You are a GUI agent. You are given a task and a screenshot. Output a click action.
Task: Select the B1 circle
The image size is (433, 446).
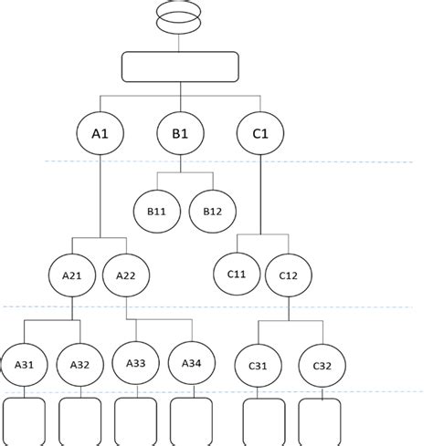pyautogui.click(x=180, y=134)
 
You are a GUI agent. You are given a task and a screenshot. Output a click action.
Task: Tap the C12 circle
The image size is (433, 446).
pyautogui.click(x=289, y=275)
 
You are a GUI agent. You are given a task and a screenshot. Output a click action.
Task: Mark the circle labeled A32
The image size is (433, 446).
pyautogui.click(x=79, y=364)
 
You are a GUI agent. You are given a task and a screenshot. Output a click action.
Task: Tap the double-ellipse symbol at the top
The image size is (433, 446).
pyautogui.click(x=179, y=17)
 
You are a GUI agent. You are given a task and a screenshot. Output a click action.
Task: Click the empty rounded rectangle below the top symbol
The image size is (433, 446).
pyautogui.click(x=180, y=67)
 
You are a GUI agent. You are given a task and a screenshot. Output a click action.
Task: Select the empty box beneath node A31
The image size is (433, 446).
pyautogui.click(x=26, y=421)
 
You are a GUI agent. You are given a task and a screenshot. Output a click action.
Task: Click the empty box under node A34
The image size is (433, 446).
pyautogui.click(x=191, y=421)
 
